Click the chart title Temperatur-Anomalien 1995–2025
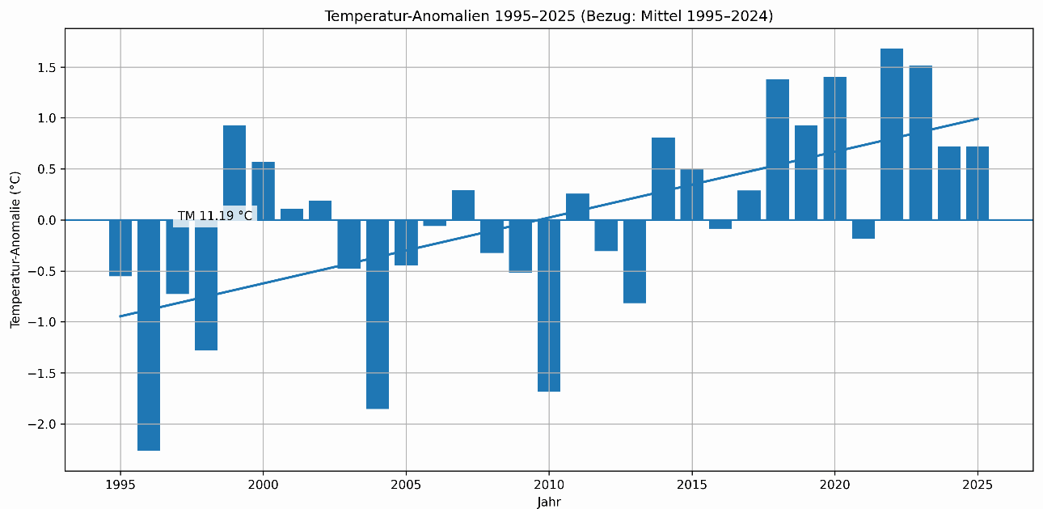pyautogui.click(x=548, y=16)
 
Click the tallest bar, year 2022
pyautogui.click(x=892, y=134)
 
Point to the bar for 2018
pyautogui.click(x=778, y=150)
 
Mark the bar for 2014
pyautogui.click(x=663, y=179)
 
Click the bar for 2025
pyautogui.click(x=978, y=183)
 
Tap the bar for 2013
pyautogui.click(x=635, y=261)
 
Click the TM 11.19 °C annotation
pyautogui.click(x=215, y=216)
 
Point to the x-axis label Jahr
pyautogui.click(x=548, y=502)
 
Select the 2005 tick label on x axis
pyautogui.click(x=406, y=484)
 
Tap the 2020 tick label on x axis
pyautogui.click(x=834, y=484)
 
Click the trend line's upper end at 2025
pyautogui.click(x=978, y=118)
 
